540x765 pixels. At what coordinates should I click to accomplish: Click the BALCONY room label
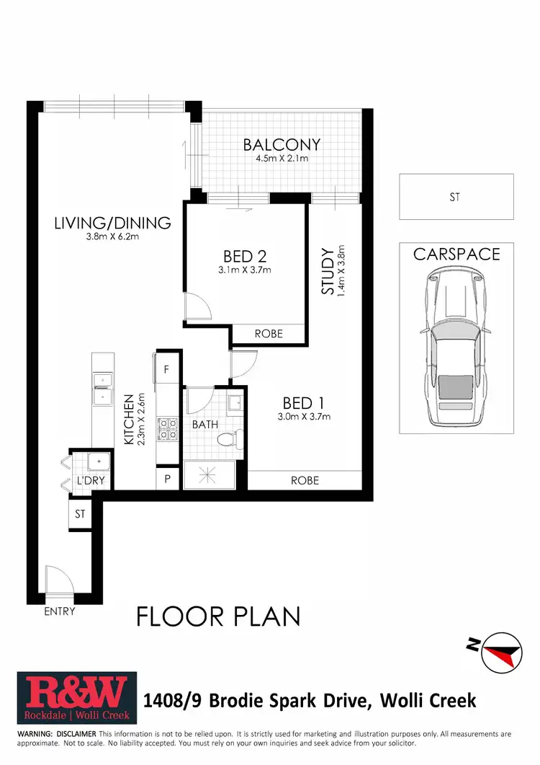click(x=281, y=144)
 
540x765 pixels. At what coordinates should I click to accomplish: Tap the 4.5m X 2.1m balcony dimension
click(x=281, y=159)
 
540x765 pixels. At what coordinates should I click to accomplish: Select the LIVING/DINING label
click(x=112, y=222)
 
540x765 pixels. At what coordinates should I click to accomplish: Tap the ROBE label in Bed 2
click(x=269, y=334)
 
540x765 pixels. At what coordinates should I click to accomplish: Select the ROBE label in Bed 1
click(x=305, y=480)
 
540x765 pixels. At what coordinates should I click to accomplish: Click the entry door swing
click(x=55, y=579)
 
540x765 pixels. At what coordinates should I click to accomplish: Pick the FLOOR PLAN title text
click(x=218, y=616)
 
